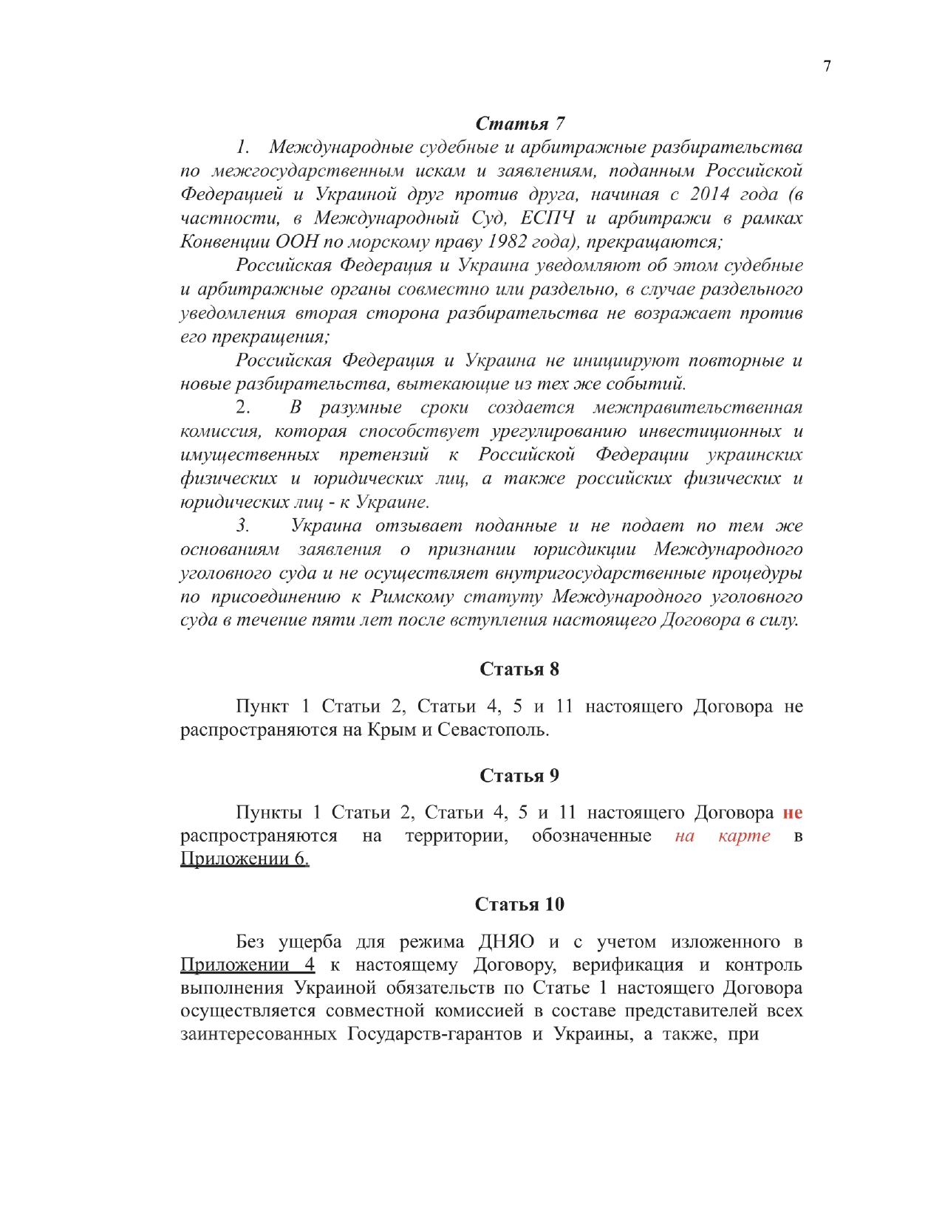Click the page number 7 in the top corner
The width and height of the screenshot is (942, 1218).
pyautogui.click(x=827, y=66)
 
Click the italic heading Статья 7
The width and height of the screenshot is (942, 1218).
pyautogui.click(x=520, y=123)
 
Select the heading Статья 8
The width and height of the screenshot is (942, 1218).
pyautogui.click(x=519, y=669)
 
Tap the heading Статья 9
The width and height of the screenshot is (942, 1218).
pyautogui.click(x=519, y=775)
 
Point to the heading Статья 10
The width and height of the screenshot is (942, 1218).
pyautogui.click(x=519, y=904)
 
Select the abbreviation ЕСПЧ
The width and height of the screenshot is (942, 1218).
pyautogui.click(x=547, y=218)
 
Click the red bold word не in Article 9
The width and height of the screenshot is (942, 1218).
pyautogui.click(x=792, y=813)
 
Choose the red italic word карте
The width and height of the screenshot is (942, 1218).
pyautogui.click(x=744, y=836)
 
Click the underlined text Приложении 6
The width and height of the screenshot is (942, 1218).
pyautogui.click(x=245, y=859)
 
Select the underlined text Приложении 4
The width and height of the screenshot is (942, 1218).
pyautogui.click(x=248, y=965)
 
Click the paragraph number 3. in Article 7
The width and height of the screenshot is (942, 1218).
pyautogui.click(x=243, y=526)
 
